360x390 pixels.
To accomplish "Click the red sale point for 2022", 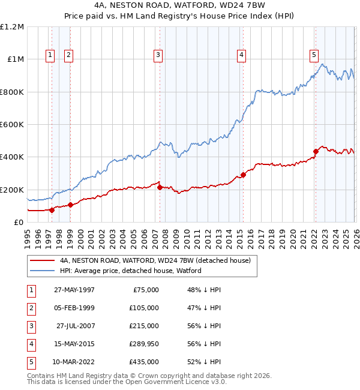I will (316, 151).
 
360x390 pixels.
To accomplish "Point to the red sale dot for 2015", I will (243, 175).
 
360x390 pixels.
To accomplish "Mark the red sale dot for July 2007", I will (160, 187).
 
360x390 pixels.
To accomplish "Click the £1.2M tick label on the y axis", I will (12, 27).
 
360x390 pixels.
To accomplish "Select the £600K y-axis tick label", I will (12, 125).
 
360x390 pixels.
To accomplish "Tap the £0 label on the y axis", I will (18, 222).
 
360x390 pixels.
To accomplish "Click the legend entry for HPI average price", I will (130, 271).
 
